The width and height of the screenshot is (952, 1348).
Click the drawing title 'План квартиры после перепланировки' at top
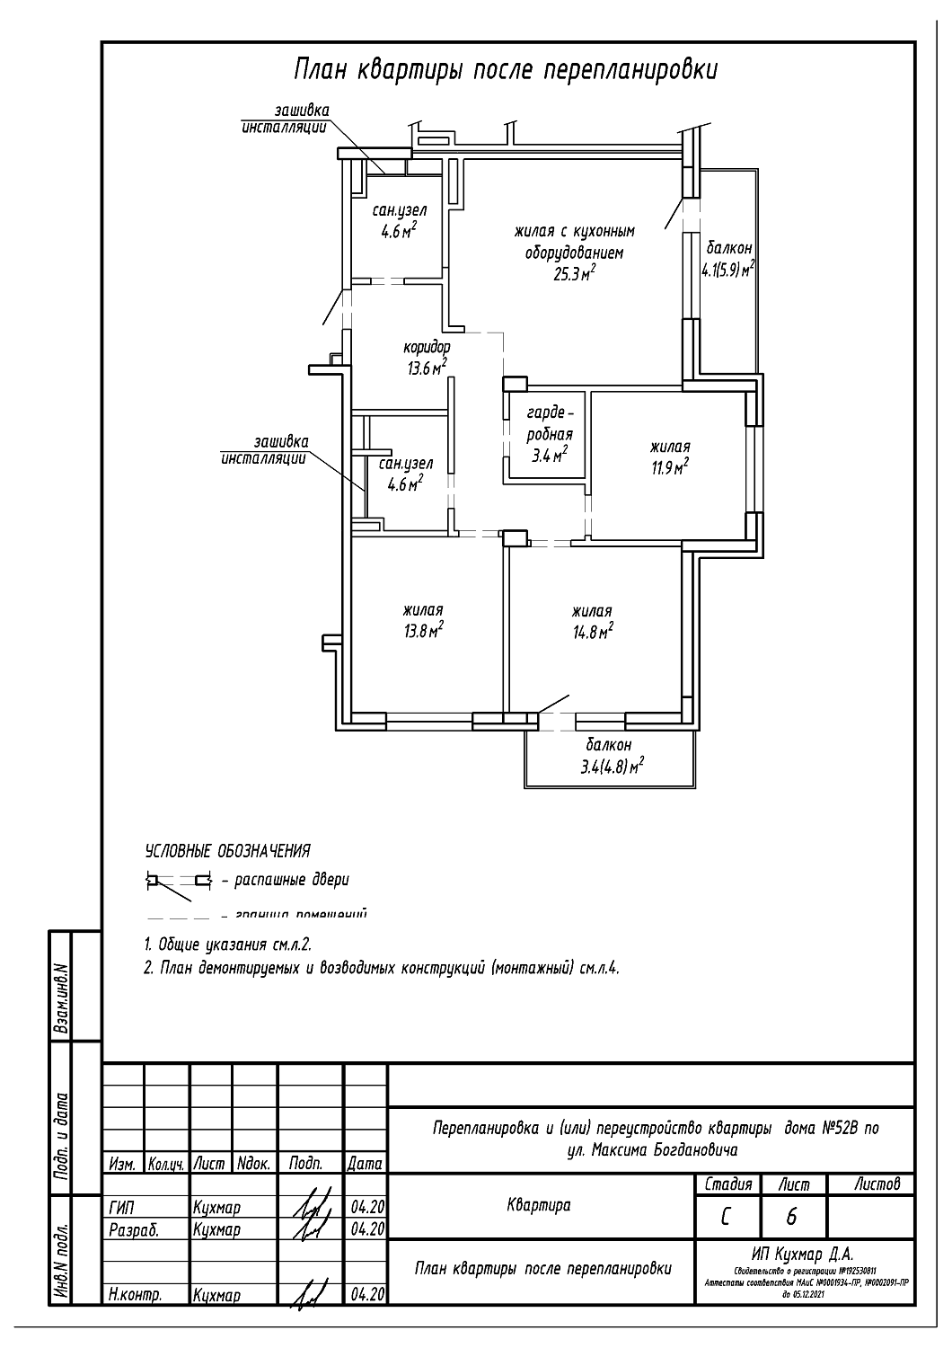tap(506, 70)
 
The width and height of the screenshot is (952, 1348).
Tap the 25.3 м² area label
tap(575, 274)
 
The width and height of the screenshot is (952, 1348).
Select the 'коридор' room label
tap(427, 347)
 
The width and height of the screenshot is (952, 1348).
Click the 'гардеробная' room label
tap(550, 423)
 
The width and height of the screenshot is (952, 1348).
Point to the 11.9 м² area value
tap(669, 467)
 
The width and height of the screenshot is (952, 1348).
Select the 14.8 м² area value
tap(593, 631)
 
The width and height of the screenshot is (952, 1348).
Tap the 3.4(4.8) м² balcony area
tap(613, 767)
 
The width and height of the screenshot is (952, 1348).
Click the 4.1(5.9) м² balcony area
tap(727, 269)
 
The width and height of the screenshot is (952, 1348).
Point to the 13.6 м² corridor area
tap(427, 367)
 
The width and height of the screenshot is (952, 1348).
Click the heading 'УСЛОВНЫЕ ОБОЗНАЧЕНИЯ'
tap(227, 851)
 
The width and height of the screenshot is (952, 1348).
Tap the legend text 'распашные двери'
tap(291, 880)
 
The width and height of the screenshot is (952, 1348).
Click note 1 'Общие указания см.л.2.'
tap(228, 945)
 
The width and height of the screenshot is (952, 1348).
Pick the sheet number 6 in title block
tap(791, 1217)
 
